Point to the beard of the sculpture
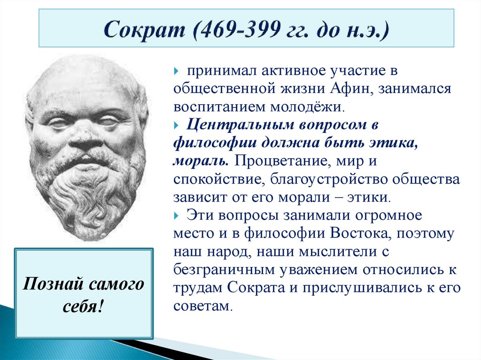[x=87, y=192]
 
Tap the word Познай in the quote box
[x=48, y=285]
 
